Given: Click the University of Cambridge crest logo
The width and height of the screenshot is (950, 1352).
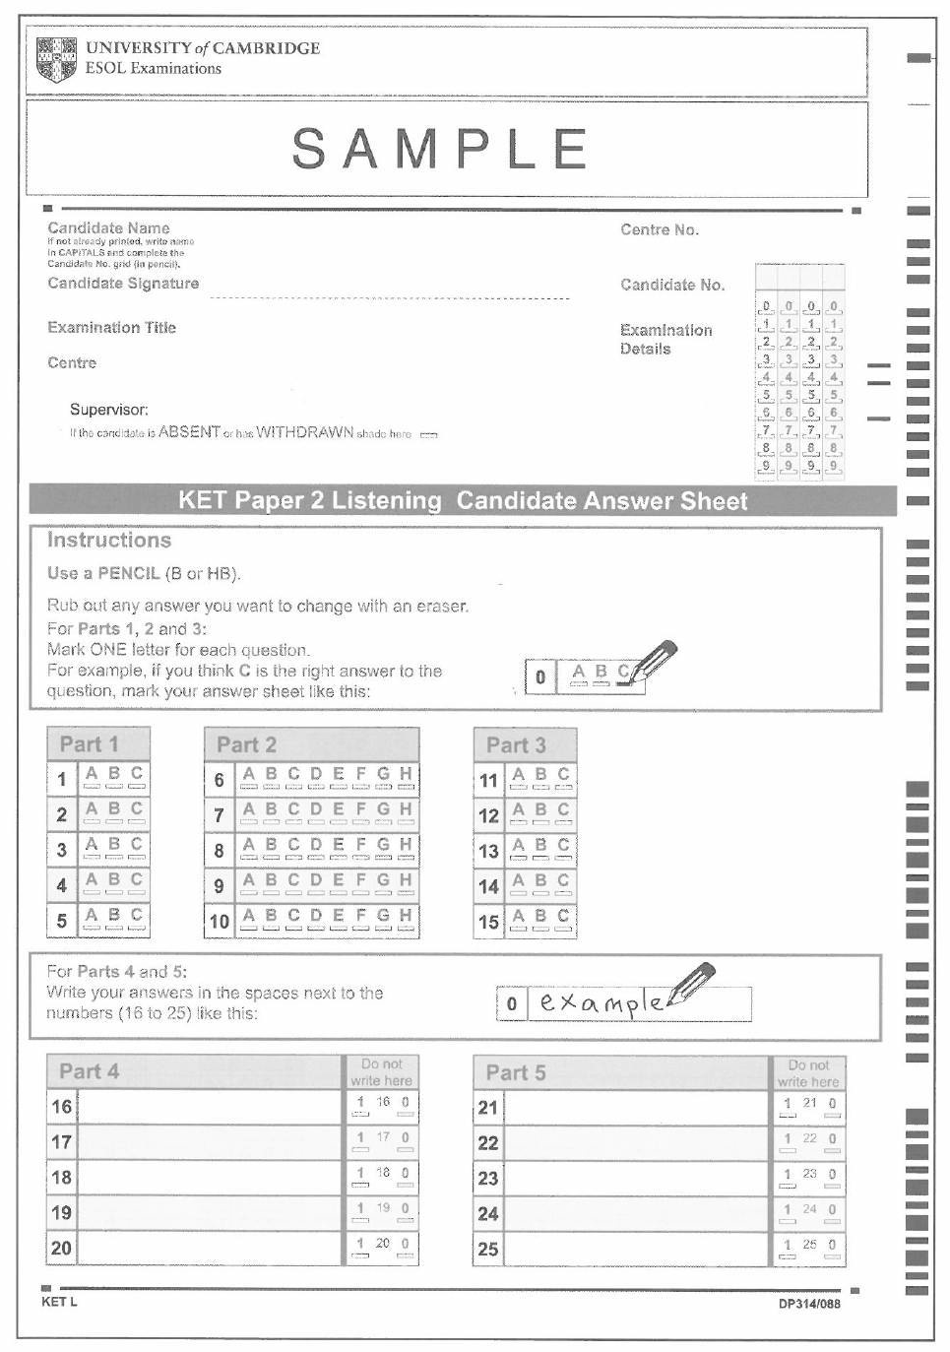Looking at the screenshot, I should tap(56, 59).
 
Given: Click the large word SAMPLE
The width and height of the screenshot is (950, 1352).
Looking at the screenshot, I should tap(440, 149).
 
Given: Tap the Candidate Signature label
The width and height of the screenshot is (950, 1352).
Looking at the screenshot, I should tap(123, 284).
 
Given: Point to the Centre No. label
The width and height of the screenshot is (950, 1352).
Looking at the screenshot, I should tap(659, 229).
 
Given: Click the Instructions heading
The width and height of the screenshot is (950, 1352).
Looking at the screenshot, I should tap(108, 540).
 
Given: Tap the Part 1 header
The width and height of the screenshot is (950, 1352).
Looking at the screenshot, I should tap(89, 744).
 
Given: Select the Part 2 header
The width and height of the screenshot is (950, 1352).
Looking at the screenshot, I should tap(246, 744).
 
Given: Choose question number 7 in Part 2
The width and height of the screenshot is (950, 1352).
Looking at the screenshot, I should tap(219, 815).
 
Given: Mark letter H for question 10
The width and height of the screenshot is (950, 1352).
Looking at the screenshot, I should tap(405, 917).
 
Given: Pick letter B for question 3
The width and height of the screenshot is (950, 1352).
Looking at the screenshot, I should tap(114, 846).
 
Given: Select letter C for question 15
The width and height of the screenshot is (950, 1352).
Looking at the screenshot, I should tap(563, 917).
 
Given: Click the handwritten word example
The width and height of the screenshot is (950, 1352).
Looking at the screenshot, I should tap(602, 1002).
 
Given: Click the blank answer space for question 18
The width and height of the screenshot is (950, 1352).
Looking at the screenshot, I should tap(209, 1177).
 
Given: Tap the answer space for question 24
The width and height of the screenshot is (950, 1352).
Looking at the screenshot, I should tap(635, 1213).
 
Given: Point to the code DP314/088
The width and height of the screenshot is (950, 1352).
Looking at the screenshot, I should tap(809, 1304).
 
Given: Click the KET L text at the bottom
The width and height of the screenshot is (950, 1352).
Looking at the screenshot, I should tap(59, 1302).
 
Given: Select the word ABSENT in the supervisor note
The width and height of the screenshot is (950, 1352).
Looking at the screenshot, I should tap(189, 432).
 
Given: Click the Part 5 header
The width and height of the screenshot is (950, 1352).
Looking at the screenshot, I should tap(516, 1072).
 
